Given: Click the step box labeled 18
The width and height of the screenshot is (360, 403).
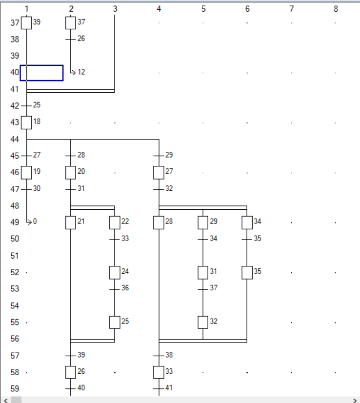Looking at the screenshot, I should coord(26,122).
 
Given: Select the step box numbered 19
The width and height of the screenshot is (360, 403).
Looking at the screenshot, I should coord(26,172).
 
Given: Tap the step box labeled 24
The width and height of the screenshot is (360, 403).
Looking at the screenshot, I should coord(115,272).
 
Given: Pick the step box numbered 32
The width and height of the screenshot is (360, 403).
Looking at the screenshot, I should coord(203,322).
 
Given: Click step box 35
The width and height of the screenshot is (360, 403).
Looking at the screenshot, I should coord(247,272).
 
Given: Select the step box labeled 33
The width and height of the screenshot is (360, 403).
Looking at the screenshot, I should coord(159,372).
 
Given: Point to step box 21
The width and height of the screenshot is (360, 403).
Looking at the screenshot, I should coord(71,222).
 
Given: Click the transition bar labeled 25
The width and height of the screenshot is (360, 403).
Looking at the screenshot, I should coord(26,105).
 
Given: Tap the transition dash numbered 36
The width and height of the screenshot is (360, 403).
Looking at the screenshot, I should coord(115,289).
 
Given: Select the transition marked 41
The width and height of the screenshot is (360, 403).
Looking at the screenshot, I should coord(159,389).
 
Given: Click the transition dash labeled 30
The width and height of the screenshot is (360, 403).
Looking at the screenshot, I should coord(26,189).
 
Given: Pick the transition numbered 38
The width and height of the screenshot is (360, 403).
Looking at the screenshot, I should coord(159,356).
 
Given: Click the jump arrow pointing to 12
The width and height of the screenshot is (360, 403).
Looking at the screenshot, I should coord(73,72).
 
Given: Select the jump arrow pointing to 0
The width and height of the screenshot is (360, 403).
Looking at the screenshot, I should coord(29,222).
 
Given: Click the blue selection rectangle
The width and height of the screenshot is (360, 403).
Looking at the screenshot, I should coord(41,73).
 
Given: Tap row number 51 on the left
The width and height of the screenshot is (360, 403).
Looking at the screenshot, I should coord(15,256).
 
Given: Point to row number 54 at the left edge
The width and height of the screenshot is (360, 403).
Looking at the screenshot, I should coord(15,306).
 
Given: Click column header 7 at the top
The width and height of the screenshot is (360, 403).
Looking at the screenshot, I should coord(291,9).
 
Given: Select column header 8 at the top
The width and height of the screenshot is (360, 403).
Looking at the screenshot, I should coord(336,9).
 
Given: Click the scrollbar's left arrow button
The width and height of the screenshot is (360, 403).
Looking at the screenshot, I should coord(5,400).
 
